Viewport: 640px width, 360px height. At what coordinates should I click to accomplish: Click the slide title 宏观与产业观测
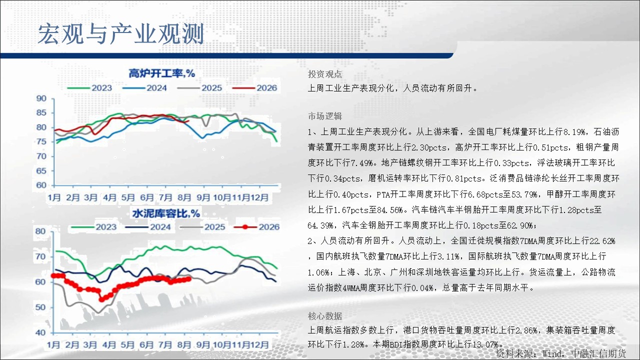click(121, 34)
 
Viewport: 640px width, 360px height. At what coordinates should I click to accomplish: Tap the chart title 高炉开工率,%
click(161, 73)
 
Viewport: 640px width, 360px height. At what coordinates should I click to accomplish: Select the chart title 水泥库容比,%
click(166, 213)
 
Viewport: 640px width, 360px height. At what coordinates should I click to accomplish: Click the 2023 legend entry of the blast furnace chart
click(89, 87)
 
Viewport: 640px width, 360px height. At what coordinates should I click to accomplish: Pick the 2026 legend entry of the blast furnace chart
click(255, 87)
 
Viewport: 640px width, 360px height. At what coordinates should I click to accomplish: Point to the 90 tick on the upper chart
click(41, 98)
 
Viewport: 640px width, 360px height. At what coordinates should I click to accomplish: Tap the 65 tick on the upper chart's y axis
click(41, 171)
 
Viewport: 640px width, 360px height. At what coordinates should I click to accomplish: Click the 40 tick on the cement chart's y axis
click(40, 332)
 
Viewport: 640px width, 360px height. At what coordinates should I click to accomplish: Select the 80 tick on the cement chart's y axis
click(40, 231)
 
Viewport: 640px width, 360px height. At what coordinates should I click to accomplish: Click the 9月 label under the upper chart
click(203, 197)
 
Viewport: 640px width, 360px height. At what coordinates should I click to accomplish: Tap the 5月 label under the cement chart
click(127, 344)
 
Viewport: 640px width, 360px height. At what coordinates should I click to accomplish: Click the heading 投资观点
click(325, 74)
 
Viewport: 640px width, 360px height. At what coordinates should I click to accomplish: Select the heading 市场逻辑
click(325, 116)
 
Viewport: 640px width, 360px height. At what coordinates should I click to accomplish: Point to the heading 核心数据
click(325, 316)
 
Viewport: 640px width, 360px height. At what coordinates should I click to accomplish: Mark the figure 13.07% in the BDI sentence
click(485, 344)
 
